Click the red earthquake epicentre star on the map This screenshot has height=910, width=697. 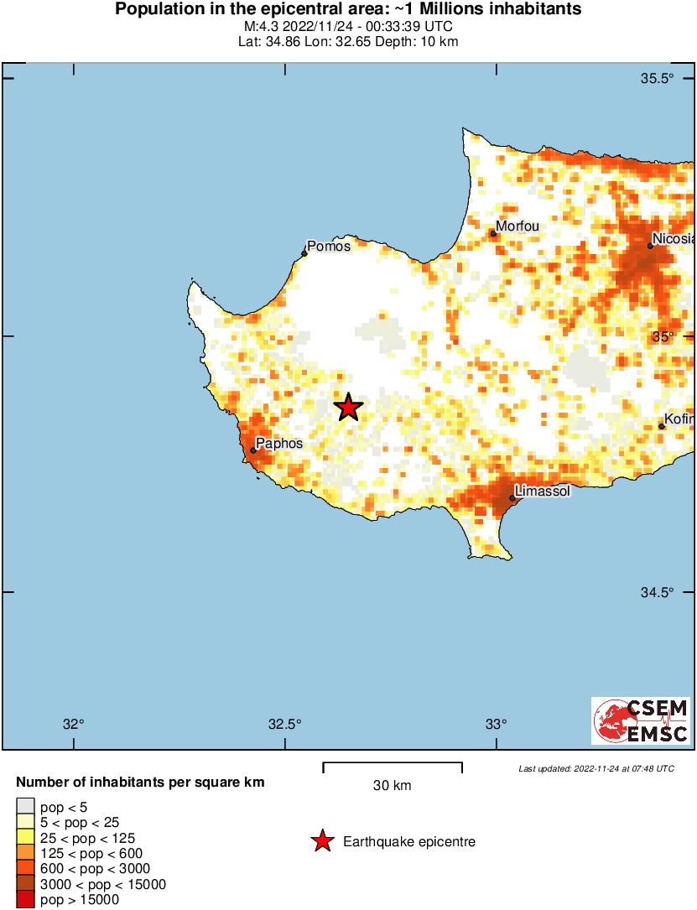tap(348, 408)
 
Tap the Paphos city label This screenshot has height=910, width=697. tap(279, 443)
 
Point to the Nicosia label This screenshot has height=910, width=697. tap(674, 239)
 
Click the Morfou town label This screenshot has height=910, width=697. tap(518, 226)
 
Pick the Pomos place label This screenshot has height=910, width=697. tap(329, 246)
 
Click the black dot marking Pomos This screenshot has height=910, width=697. tap(304, 253)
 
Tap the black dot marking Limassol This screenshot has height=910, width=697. tap(512, 498)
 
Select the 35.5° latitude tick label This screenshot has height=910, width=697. tap(658, 79)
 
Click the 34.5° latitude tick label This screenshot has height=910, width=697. tap(658, 592)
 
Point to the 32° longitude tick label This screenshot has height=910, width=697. tap(75, 725)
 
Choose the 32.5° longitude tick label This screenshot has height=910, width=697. tap(284, 725)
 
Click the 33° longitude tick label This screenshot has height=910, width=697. tap(497, 725)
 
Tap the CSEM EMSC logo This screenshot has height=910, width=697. tap(641, 720)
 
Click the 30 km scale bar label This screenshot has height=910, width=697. tap(393, 786)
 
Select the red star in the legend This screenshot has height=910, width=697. tap(322, 841)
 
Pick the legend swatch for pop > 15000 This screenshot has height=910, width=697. tap(25, 900)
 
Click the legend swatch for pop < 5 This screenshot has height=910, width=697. tap(25, 807)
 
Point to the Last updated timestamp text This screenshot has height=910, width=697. tap(596, 768)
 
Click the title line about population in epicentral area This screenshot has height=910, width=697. tap(348, 10)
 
